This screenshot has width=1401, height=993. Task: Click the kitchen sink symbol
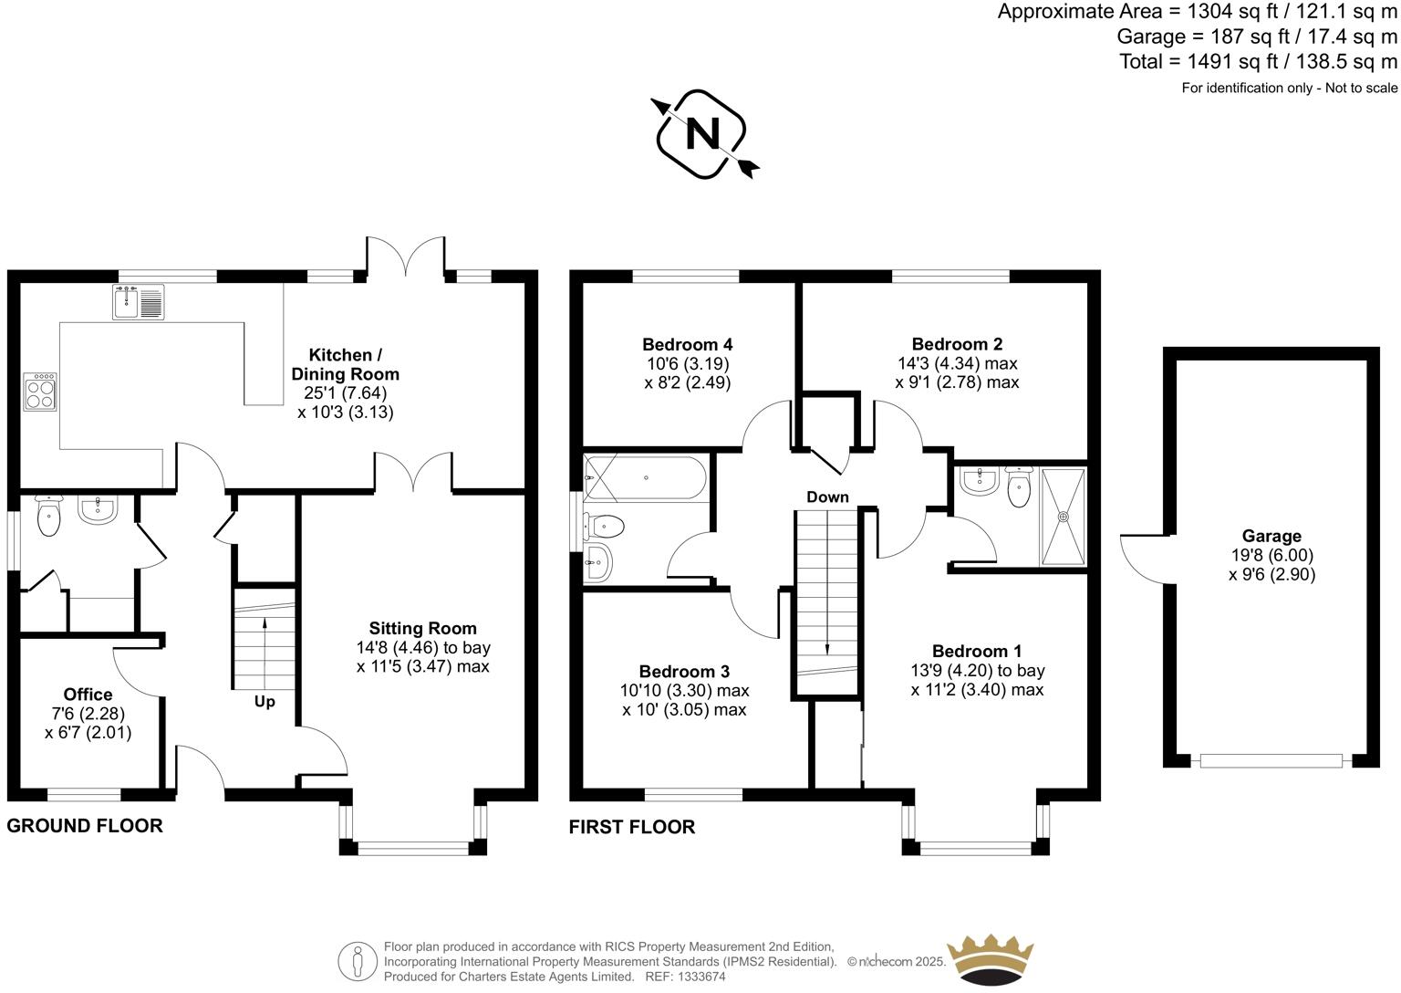(139, 301)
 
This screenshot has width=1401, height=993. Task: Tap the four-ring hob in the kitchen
(40, 392)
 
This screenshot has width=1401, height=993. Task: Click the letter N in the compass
(703, 134)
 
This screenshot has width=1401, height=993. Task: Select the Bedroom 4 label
(688, 344)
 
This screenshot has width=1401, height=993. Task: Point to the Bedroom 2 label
(957, 343)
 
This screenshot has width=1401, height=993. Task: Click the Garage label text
(1271, 536)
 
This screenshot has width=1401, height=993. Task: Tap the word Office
(88, 694)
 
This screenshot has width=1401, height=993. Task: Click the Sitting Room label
(423, 628)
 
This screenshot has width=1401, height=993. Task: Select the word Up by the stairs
(265, 702)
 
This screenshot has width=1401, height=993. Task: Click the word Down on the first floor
(827, 496)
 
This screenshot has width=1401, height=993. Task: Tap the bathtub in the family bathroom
(645, 477)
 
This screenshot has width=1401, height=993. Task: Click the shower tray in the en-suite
(1063, 517)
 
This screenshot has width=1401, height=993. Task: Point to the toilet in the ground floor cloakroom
(48, 516)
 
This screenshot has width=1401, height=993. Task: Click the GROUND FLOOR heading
(85, 826)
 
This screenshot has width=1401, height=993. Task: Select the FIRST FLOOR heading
(632, 827)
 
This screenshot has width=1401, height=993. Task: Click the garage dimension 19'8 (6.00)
(1272, 555)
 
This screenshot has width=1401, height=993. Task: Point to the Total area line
(1258, 61)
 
